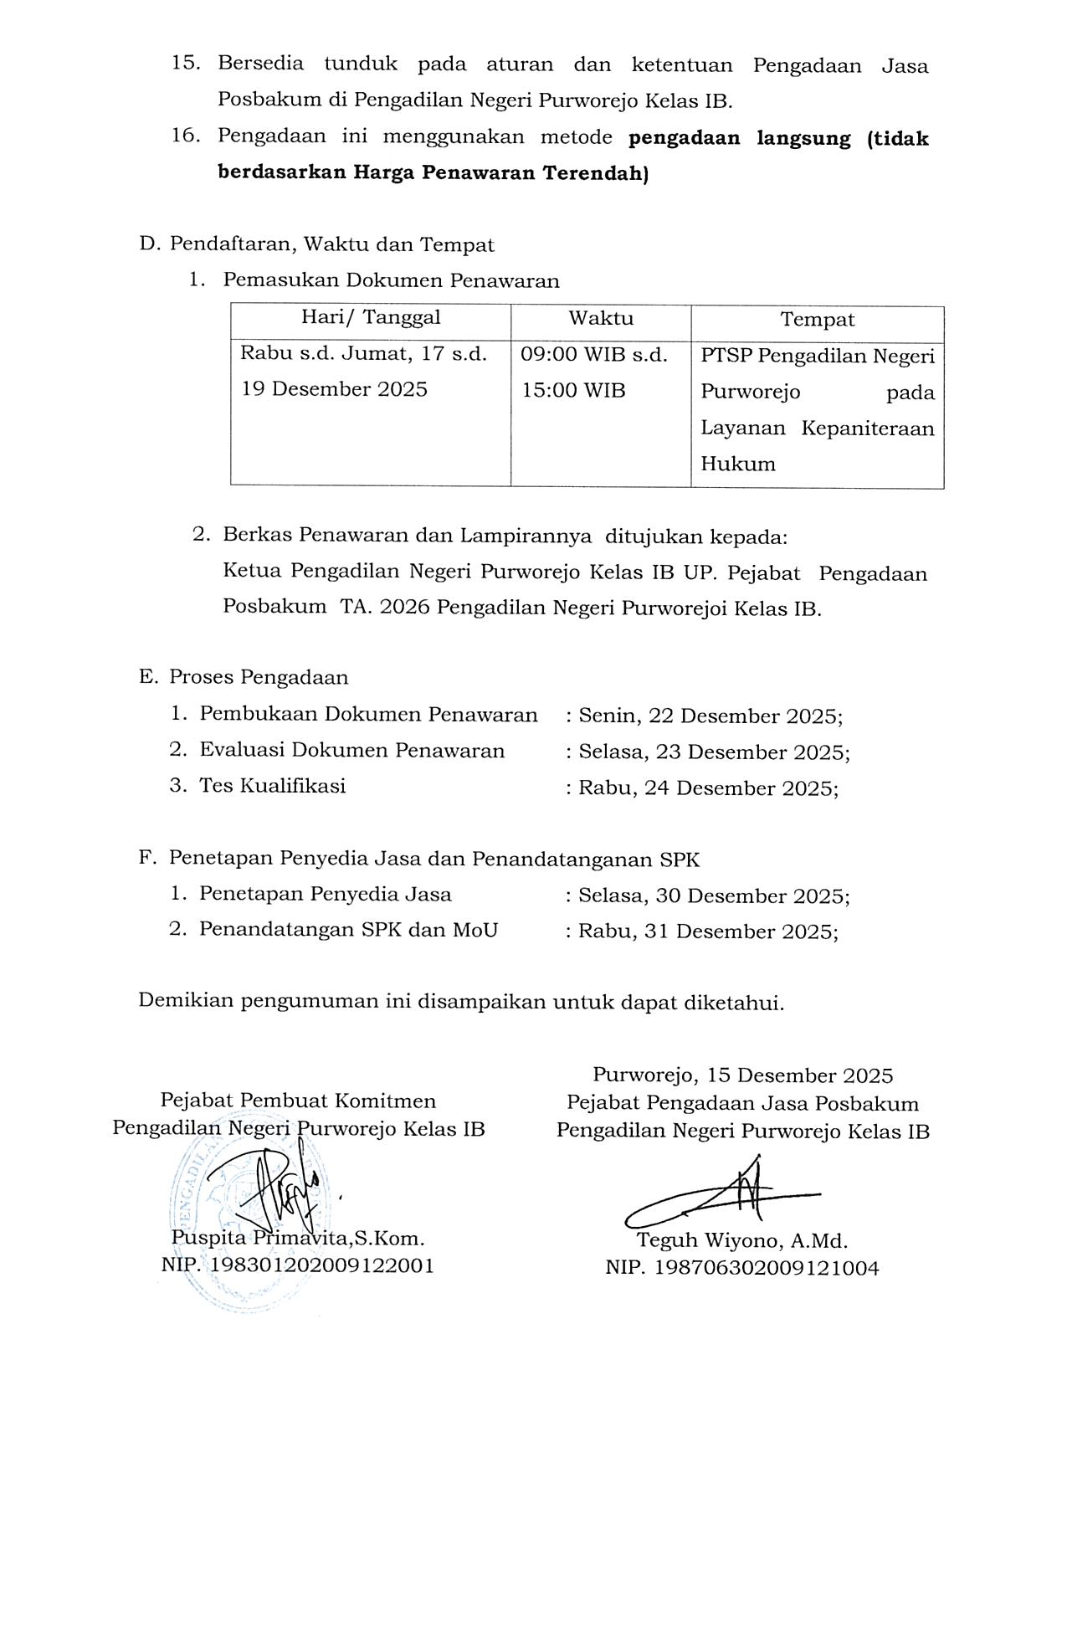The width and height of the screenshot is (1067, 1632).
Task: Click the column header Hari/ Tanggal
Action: click(371, 318)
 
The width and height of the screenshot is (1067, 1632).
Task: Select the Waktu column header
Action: click(601, 319)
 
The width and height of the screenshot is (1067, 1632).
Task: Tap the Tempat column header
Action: click(818, 320)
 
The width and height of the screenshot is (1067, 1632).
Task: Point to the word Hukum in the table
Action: click(737, 464)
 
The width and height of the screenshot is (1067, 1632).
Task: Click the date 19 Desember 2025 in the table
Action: click(335, 389)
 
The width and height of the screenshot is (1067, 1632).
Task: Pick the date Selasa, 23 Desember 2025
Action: click(714, 752)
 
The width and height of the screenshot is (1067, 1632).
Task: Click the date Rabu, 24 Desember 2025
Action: click(708, 788)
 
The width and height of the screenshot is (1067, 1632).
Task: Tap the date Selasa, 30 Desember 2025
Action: click(714, 896)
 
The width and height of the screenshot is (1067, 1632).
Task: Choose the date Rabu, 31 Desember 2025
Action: click(708, 931)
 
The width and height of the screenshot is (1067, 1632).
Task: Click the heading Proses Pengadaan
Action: click(259, 677)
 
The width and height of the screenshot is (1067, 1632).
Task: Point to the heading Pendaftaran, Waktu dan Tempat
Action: click(331, 244)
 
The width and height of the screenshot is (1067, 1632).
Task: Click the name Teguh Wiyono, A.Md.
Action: click(742, 1240)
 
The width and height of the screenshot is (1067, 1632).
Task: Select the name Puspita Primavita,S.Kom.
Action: click(298, 1238)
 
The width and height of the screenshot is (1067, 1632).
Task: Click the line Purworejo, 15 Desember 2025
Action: click(742, 1075)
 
